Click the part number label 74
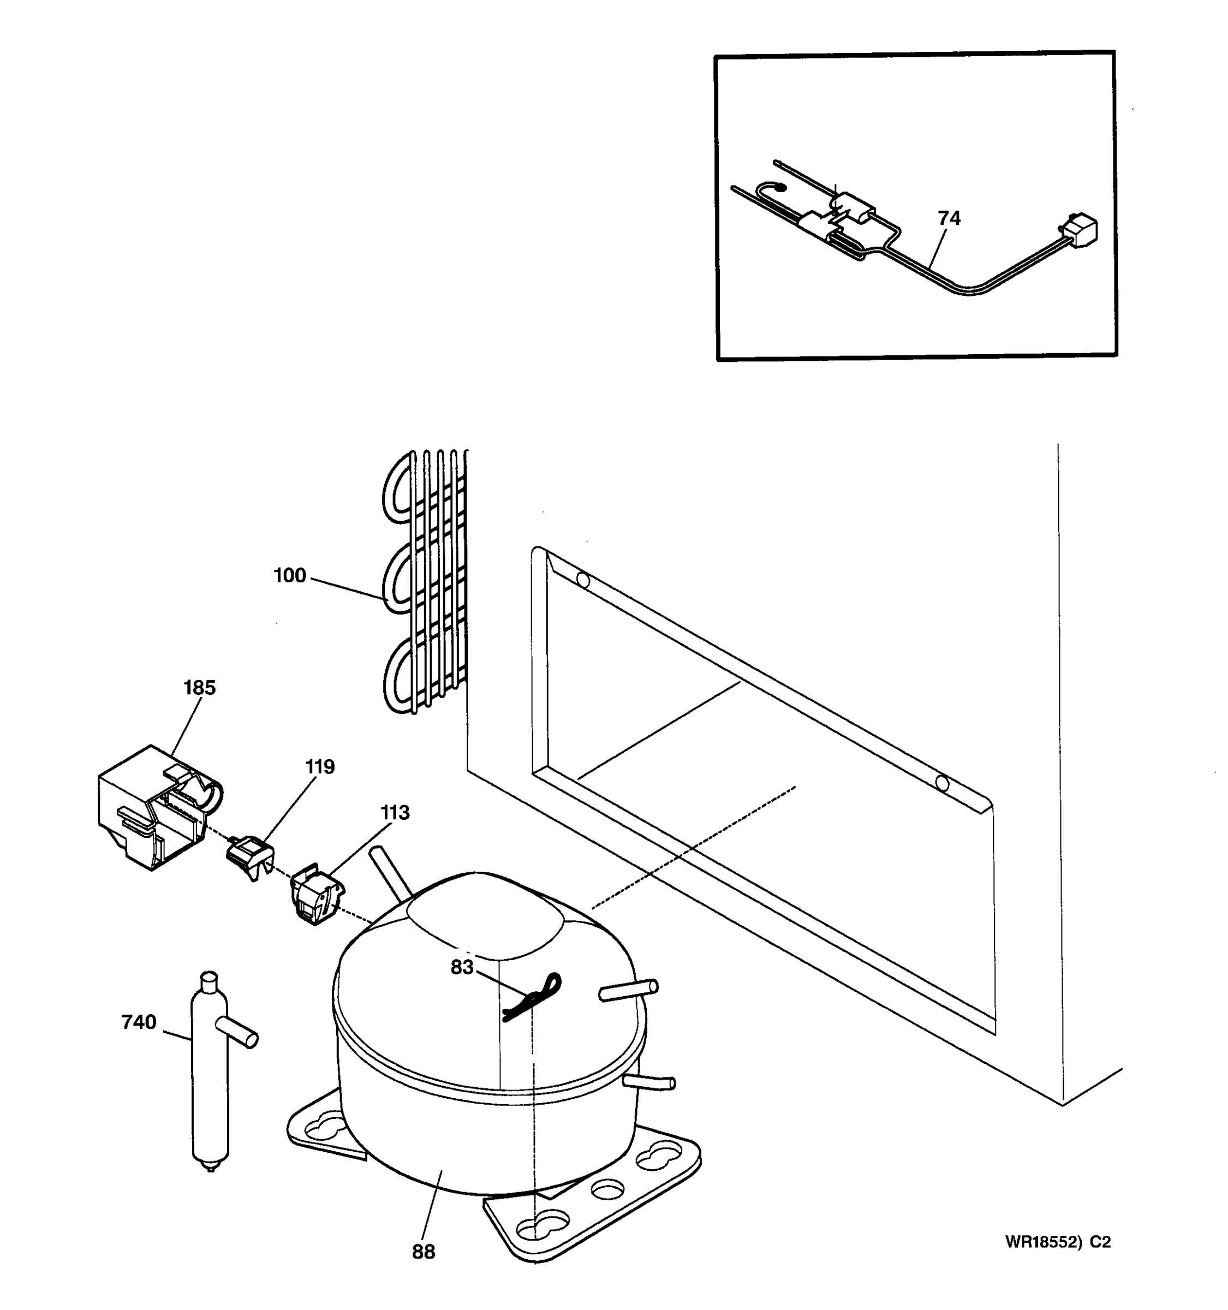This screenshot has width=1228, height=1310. pos(949,218)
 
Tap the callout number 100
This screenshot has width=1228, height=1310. pos(290,576)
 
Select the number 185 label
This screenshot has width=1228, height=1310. pos(199,688)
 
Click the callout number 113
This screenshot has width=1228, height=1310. pos(395,813)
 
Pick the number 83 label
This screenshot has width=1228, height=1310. pos(462,967)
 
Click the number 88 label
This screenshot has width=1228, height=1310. pos(424,1252)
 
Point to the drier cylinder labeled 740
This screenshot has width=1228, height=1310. pos(210,1094)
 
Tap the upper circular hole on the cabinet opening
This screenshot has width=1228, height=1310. pos(583,581)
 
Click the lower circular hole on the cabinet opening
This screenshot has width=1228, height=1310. pos(942,783)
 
